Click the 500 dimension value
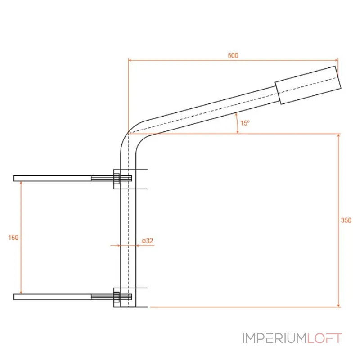(233, 55)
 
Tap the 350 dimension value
(346, 220)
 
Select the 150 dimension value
(13, 238)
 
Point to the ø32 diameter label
(148, 241)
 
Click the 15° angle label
(245, 123)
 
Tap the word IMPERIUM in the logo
(275, 338)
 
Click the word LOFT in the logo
(324, 338)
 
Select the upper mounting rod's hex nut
(117, 179)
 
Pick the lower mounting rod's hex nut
(117, 297)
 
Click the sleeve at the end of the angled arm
(308, 85)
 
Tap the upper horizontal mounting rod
(72, 178)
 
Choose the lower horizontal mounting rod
(72, 297)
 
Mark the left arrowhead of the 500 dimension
(130, 60)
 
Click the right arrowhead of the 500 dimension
(337, 60)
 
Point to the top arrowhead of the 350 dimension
(339, 135)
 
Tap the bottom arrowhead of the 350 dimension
(339, 305)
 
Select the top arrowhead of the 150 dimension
(21, 183)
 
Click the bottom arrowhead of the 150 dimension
(21, 292)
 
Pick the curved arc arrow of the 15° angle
(238, 123)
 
